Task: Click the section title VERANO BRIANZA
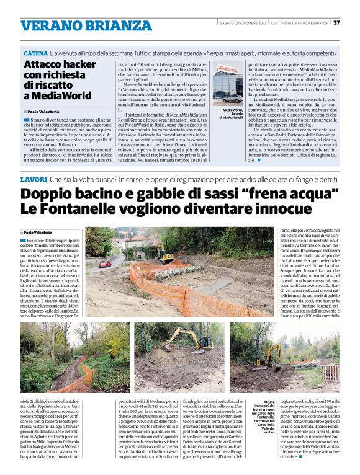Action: pos(78,25)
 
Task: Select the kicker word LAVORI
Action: pos(36,162)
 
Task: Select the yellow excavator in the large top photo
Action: pos(164,253)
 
